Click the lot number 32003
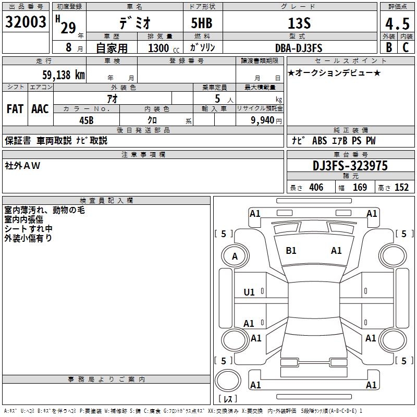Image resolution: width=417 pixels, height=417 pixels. tap(26, 22)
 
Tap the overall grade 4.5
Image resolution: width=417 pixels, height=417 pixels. tap(396, 24)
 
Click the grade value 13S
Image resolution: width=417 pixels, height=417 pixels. tap(299, 23)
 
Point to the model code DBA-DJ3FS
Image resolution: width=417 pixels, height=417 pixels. tap(299, 48)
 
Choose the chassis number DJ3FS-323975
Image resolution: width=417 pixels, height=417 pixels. tap(350, 166)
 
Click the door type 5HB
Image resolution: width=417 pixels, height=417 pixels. tap(202, 23)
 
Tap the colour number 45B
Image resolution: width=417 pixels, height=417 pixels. tap(86, 120)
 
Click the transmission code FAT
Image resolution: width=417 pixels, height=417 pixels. tap(15, 109)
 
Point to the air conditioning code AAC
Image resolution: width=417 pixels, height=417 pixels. tap(40, 109)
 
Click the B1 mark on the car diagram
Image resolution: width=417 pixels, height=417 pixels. tap(291, 251)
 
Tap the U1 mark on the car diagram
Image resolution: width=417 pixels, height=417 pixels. tap(250, 292)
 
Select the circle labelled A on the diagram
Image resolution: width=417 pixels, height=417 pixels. tap(235, 256)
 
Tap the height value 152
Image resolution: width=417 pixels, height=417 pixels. tap(401, 188)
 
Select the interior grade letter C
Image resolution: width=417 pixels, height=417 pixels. tap(406, 47)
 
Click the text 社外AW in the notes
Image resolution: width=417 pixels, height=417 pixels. tap(22, 166)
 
